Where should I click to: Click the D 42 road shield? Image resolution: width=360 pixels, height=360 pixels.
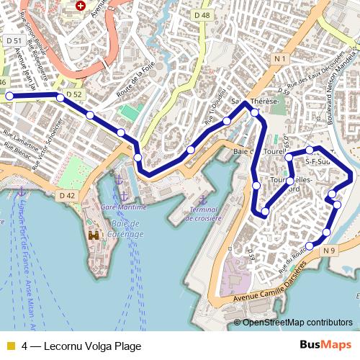(66, 195)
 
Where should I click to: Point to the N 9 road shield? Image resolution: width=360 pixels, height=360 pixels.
(330, 250)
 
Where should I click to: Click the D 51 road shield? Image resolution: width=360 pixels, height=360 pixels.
(13, 42)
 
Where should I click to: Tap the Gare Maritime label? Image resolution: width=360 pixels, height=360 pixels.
(123, 207)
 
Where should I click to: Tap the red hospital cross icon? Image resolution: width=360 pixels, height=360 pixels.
(80, 6)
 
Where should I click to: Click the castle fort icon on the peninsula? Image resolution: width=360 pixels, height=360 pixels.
(94, 235)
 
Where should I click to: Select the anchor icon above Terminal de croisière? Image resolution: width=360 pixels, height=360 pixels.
(202, 198)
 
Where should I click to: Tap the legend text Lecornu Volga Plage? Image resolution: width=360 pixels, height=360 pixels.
(81, 346)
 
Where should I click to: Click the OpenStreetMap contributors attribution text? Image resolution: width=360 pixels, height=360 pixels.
(297, 322)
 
